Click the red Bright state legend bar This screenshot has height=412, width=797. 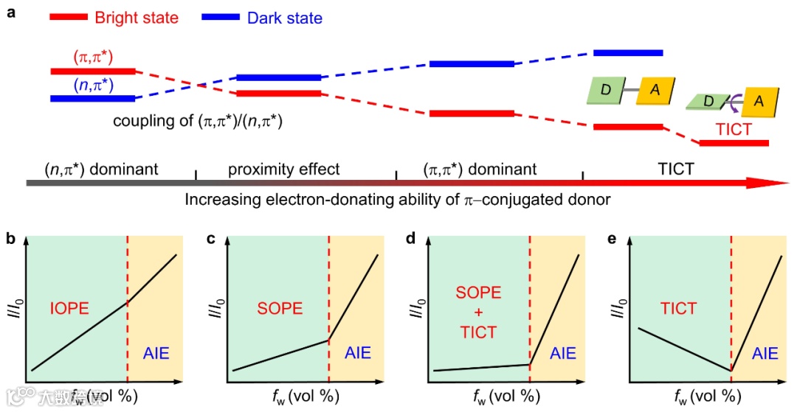70,17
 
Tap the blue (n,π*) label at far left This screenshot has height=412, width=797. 93,85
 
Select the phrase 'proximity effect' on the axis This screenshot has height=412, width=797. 284,169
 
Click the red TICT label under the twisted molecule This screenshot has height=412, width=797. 734,129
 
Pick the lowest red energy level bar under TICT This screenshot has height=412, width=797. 734,142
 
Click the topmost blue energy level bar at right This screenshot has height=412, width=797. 628,52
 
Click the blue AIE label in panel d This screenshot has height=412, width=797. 562,354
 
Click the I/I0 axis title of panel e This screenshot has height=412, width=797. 616,307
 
